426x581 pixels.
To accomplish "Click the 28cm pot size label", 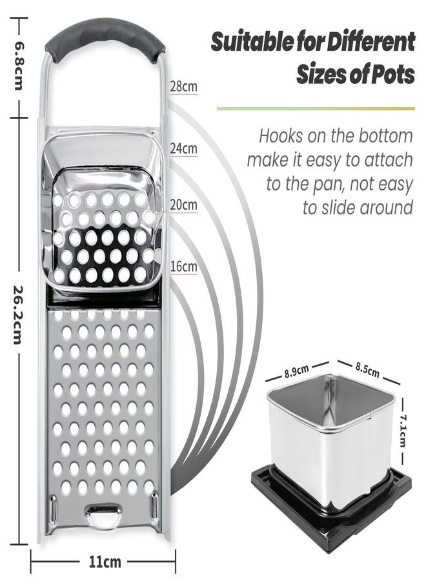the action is tap(184, 87).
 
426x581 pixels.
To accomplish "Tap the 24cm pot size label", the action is tap(184, 148).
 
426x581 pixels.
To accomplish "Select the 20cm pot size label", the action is tap(184, 205).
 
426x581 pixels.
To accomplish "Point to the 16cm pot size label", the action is tap(184, 266).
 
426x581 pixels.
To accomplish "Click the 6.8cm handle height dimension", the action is tap(19, 66).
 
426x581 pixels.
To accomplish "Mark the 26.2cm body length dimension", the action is tap(19, 314).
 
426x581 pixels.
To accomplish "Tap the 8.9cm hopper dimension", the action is tap(296, 371).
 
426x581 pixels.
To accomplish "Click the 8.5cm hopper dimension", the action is tap(367, 369).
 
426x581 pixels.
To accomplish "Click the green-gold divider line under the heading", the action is tap(316, 109).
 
